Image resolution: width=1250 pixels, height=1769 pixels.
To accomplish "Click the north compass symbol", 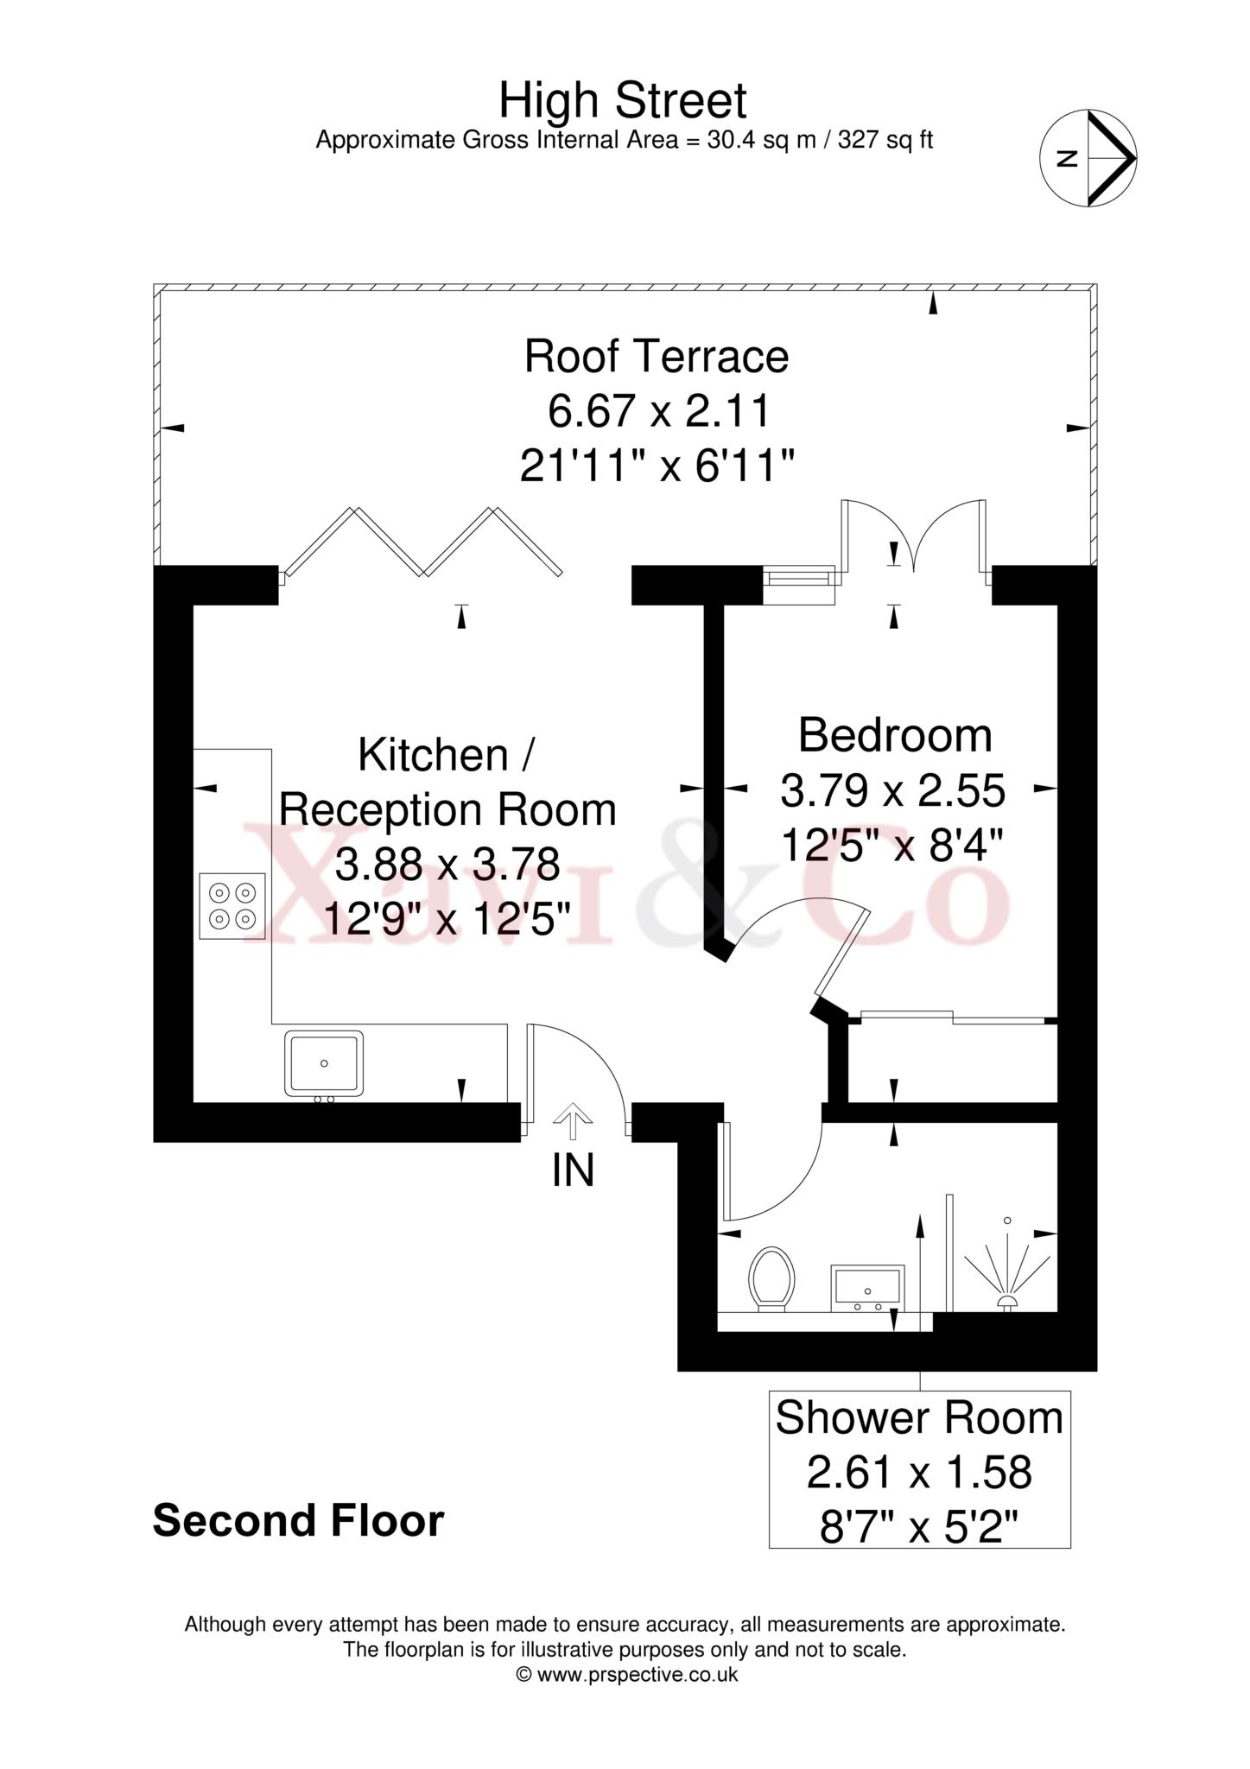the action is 1088,158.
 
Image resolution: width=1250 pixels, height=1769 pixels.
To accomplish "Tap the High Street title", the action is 623,100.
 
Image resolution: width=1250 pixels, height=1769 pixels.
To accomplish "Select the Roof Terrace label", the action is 657,357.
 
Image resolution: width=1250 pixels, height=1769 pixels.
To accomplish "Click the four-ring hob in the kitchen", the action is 232,906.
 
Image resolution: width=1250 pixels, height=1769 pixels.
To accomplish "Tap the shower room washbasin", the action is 867,1289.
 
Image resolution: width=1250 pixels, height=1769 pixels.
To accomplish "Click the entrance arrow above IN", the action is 571,1125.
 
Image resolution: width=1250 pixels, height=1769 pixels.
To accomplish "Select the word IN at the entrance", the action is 573,1171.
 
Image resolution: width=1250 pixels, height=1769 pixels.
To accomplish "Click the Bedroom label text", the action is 895,736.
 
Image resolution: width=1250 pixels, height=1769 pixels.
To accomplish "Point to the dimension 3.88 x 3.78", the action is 447,865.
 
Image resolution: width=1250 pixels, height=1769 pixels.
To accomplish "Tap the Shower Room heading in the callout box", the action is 919,1418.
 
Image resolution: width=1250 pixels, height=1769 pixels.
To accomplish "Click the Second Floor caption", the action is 299,1521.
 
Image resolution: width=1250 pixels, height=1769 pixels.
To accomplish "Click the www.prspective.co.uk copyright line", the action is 626,1675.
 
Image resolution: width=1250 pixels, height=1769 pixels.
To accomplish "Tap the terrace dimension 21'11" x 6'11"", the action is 657,467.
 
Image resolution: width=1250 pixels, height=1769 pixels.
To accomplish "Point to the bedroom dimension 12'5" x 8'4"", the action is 892,846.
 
